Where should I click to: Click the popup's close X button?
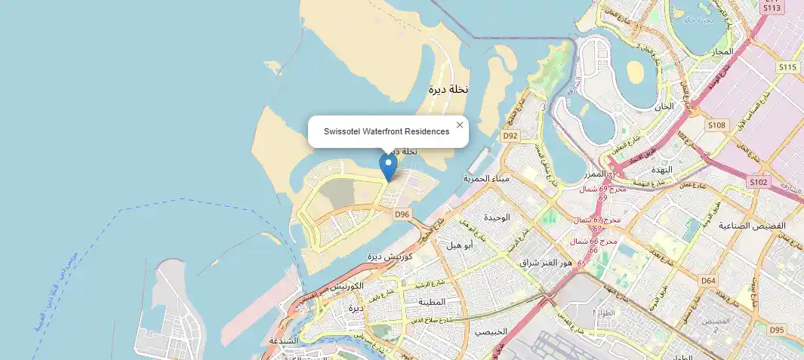click(460, 125)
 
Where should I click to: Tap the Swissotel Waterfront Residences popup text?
click(387, 131)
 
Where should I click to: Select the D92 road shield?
click(511, 136)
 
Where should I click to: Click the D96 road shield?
click(402, 214)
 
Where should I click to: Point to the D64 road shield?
click(708, 281)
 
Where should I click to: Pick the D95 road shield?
click(777, 330)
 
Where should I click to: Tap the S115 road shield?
click(788, 67)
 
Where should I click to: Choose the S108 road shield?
click(716, 125)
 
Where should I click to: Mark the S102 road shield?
click(759, 182)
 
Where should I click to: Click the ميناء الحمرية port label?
click(487, 179)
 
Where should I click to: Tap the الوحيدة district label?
click(497, 217)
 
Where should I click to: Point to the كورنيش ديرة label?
click(389, 257)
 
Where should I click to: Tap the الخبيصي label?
click(491, 331)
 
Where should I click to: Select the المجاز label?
click(722, 51)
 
